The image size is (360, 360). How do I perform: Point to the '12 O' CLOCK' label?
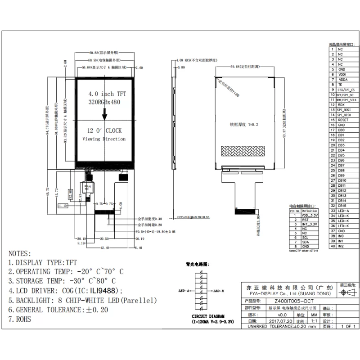(104, 130)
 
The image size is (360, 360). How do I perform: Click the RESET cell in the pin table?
(343, 120)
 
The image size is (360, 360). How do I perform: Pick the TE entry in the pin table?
(340, 85)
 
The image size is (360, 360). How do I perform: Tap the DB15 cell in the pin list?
(342, 206)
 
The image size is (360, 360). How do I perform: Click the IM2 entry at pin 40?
(341, 246)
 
